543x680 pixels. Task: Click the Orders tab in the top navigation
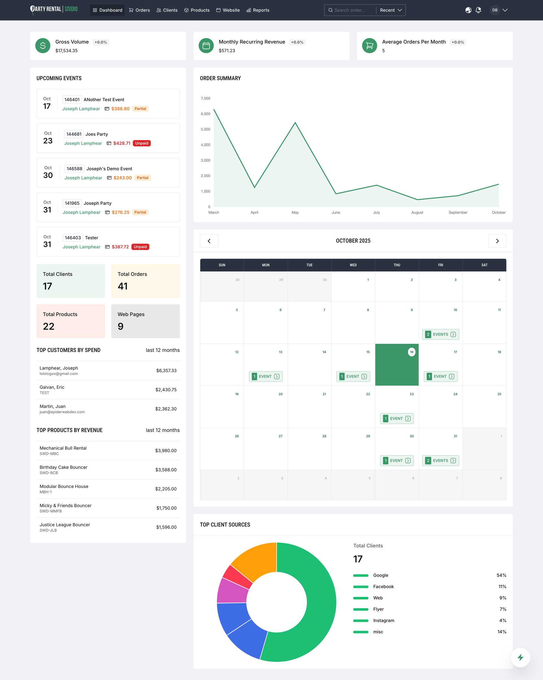pos(139,10)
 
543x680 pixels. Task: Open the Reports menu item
pos(258,10)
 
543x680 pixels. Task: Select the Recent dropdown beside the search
pos(391,10)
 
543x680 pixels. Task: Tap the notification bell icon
pos(478,10)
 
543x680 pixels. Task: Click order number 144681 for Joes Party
pos(74,134)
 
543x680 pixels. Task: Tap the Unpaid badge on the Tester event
pos(140,247)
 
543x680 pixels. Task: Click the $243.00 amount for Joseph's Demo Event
pos(122,178)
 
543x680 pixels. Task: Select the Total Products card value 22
pos(49,326)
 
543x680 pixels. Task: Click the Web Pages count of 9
pos(120,326)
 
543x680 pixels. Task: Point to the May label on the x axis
pos(295,212)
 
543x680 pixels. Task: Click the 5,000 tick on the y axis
pos(205,129)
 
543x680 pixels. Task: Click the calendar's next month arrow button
pos(497,241)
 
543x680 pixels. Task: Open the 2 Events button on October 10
pos(440,334)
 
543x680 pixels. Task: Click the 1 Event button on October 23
pos(397,418)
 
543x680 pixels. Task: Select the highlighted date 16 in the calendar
pos(412,352)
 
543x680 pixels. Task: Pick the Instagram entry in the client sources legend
pos(383,620)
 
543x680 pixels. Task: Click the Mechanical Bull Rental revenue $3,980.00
pos(166,450)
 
